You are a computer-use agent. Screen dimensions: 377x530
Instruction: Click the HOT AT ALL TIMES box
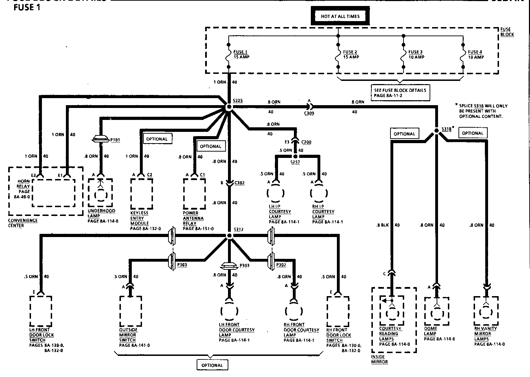click(x=340, y=16)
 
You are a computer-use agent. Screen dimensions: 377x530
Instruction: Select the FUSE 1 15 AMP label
click(x=241, y=55)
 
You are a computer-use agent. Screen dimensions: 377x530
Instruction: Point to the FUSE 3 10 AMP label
click(x=416, y=55)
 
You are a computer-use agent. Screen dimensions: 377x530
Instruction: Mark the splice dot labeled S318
click(x=436, y=130)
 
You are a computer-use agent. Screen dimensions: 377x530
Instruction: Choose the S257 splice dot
click(x=295, y=156)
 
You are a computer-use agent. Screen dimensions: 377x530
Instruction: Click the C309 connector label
click(x=309, y=113)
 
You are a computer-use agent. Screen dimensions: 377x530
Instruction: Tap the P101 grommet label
click(x=115, y=140)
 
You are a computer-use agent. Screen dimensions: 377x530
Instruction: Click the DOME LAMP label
click(x=431, y=331)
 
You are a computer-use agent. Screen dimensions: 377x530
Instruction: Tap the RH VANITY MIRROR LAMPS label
click(x=486, y=334)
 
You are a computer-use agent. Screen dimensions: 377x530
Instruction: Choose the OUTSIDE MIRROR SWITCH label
click(x=128, y=335)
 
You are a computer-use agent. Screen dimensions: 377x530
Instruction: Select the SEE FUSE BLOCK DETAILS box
click(x=400, y=93)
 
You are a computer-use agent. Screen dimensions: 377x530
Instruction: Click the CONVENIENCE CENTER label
click(x=23, y=223)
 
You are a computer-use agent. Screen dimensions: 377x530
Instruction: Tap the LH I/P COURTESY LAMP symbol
click(x=276, y=193)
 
